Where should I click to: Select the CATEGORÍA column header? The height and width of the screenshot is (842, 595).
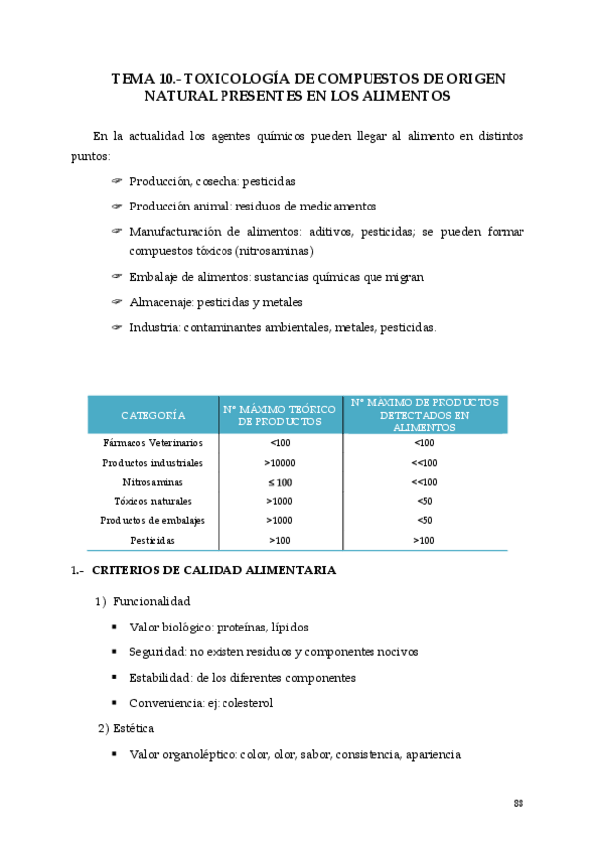(153, 414)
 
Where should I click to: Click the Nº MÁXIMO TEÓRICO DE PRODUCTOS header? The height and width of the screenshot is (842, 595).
(280, 414)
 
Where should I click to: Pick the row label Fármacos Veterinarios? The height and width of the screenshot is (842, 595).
(153, 443)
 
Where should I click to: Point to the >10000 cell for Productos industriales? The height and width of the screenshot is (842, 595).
(280, 463)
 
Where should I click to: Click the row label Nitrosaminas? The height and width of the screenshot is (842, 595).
(153, 482)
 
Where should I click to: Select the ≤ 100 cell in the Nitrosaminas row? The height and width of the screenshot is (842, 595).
(280, 482)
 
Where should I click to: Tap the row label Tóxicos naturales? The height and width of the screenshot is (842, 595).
(153, 501)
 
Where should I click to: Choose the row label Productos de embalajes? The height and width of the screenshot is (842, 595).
(153, 521)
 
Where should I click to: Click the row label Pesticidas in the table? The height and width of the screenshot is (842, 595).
(153, 541)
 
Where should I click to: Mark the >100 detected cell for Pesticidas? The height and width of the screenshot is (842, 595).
(424, 541)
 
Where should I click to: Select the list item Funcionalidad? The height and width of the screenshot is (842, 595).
(151, 602)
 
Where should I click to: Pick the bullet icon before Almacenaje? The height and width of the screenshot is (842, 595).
(116, 302)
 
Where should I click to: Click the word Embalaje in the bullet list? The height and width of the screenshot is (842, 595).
(156, 277)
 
